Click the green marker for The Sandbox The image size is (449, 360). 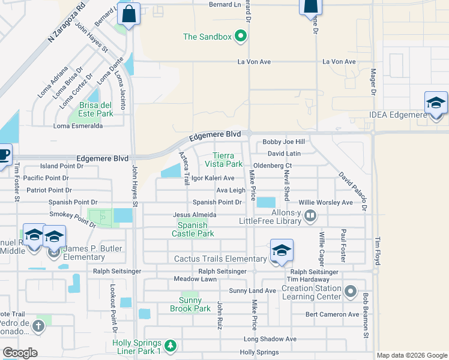(241, 37)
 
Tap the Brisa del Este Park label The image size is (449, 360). (95, 109)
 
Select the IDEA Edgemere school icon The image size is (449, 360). (436, 103)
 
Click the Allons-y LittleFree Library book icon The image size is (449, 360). (310, 215)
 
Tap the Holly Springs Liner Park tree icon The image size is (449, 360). (170, 346)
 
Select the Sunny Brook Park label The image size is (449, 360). (194, 304)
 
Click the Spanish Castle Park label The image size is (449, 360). (193, 229)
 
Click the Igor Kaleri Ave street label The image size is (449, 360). (212, 178)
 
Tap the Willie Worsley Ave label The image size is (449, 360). (326, 203)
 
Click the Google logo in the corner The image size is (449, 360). (20, 353)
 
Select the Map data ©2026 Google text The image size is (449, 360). (411, 355)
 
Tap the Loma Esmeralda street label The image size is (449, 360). (78, 126)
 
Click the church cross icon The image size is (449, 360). (38, 326)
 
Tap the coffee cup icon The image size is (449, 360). (3, 154)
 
